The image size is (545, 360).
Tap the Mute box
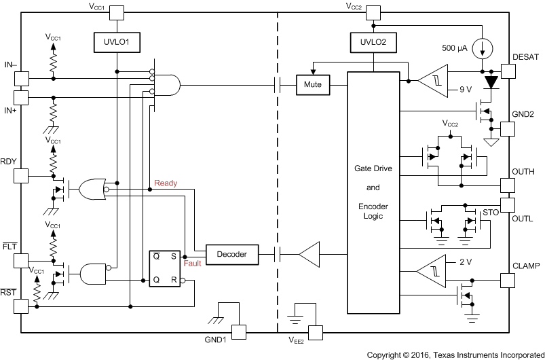313,86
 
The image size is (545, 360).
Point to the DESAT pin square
508,71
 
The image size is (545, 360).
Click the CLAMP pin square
508,279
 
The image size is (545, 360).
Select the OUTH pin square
508,185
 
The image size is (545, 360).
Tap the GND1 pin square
239,331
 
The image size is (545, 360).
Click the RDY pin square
22,175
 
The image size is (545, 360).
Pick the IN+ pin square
22,97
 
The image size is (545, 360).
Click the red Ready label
166,183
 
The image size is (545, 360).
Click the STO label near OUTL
490,213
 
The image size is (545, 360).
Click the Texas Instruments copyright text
455,355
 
